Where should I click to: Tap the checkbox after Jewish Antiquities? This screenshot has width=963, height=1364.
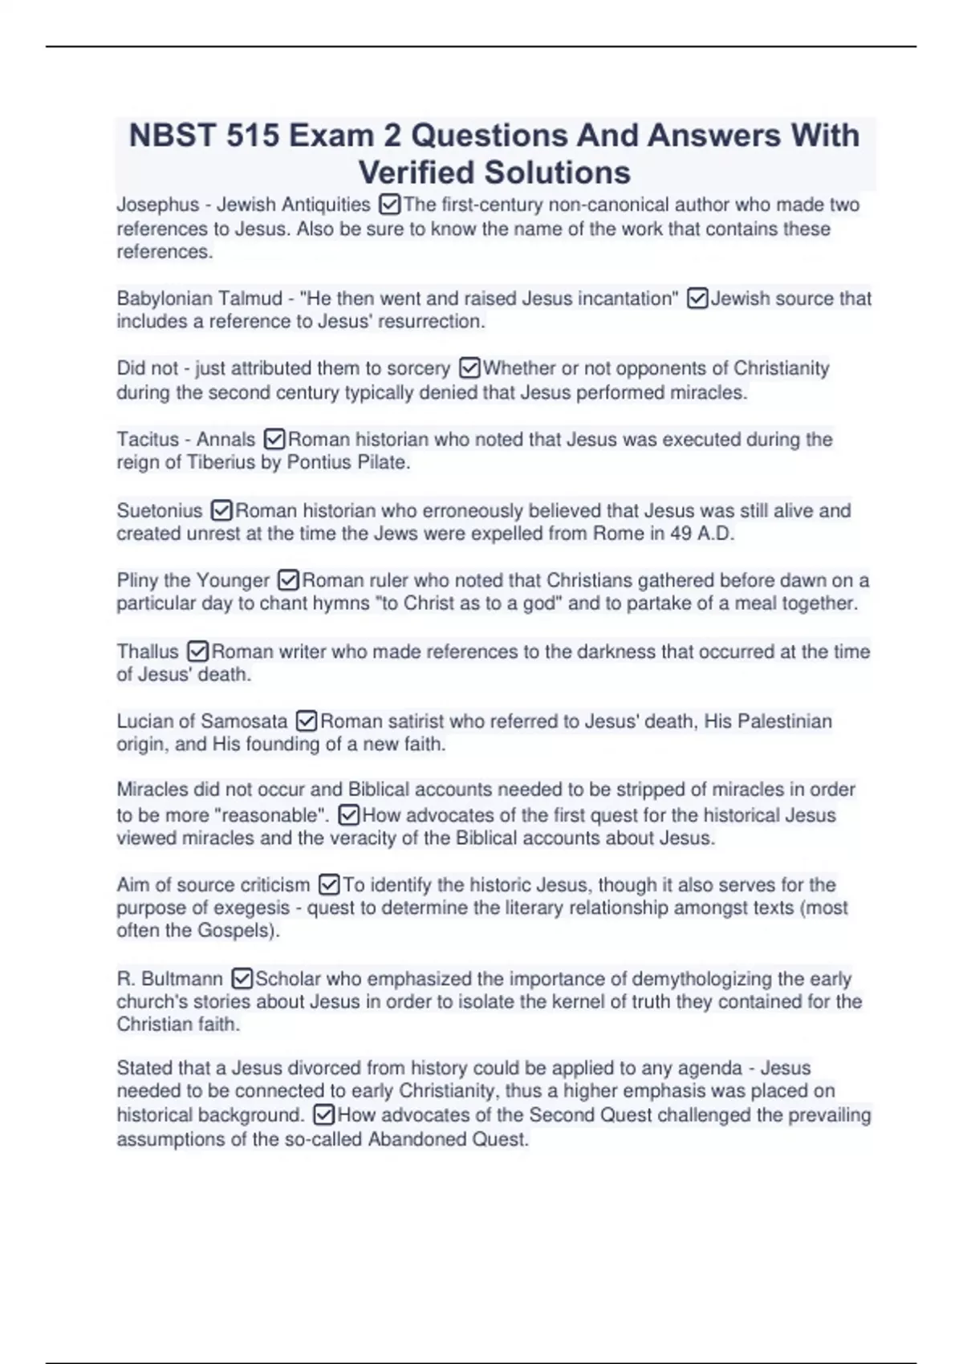[x=388, y=205]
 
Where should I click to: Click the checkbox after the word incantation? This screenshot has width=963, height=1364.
[x=697, y=299]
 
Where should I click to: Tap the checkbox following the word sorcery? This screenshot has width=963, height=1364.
[x=469, y=369]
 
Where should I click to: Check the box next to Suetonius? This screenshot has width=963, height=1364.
[x=221, y=511]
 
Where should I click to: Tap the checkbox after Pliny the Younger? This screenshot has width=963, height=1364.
[x=288, y=581]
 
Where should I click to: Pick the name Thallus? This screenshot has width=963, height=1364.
[x=148, y=652]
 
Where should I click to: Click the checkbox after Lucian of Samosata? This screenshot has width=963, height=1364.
[x=307, y=722]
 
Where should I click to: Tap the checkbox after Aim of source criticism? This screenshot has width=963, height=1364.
[x=329, y=886]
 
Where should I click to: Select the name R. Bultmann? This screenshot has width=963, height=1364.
[x=170, y=980]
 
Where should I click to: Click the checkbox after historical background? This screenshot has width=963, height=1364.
[x=323, y=1116]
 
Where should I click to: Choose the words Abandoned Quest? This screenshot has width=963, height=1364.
[x=447, y=1140]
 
